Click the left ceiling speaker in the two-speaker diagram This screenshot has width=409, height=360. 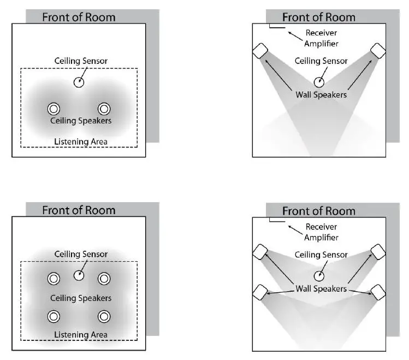(x=54, y=109)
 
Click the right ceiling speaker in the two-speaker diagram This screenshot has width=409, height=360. (x=104, y=109)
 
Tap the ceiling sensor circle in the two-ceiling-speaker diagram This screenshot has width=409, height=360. (x=79, y=82)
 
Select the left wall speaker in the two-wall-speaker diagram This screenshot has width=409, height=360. (x=259, y=51)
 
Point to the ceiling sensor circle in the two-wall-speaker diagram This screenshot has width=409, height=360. (x=318, y=82)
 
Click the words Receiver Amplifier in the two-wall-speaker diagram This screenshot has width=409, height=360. (x=322, y=38)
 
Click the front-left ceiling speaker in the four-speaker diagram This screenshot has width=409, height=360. (x=54, y=279)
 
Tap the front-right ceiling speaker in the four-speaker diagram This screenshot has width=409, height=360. (x=104, y=279)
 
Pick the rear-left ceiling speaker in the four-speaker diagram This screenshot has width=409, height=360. (x=54, y=316)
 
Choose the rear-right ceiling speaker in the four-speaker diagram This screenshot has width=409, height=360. (x=104, y=316)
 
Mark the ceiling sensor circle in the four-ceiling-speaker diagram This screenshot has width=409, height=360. (x=79, y=275)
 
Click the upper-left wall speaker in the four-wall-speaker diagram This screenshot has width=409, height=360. (x=259, y=252)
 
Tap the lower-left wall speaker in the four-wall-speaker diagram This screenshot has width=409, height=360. (x=259, y=292)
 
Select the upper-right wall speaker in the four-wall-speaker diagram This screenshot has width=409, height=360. (x=378, y=251)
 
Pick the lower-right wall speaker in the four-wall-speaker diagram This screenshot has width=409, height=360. (x=378, y=292)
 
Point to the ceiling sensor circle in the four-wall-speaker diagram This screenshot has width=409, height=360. (x=318, y=276)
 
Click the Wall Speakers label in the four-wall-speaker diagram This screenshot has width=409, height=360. (x=321, y=288)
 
